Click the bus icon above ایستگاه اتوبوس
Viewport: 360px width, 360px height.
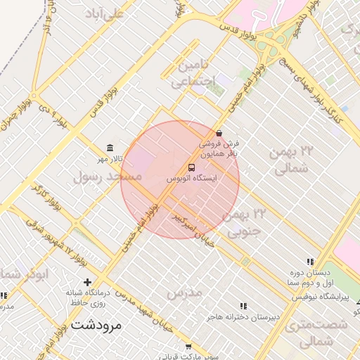[x=191, y=167]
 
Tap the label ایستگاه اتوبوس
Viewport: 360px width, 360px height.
[x=191, y=179]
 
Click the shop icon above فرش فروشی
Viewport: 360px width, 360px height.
[x=219, y=133]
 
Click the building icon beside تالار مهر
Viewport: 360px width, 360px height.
[x=110, y=148]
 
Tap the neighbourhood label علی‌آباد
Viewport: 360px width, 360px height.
[x=104, y=13]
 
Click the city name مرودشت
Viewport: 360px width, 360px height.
[x=96, y=325]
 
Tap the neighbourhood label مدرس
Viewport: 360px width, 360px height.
[x=185, y=291]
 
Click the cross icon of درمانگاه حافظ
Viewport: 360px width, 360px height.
[x=87, y=281]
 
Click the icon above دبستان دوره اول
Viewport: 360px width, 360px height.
[x=311, y=261]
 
